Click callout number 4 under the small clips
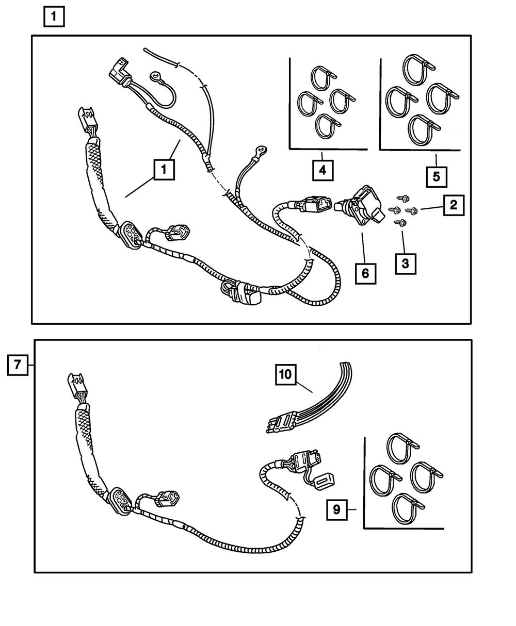coord(322,169)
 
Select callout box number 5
coord(436,176)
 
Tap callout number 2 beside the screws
coord(453,205)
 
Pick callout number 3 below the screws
coord(405,263)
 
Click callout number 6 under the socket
coord(365,274)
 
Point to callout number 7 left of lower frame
coord(17,365)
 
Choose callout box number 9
coord(336,509)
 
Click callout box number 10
coord(286,375)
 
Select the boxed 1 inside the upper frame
coord(163,170)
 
